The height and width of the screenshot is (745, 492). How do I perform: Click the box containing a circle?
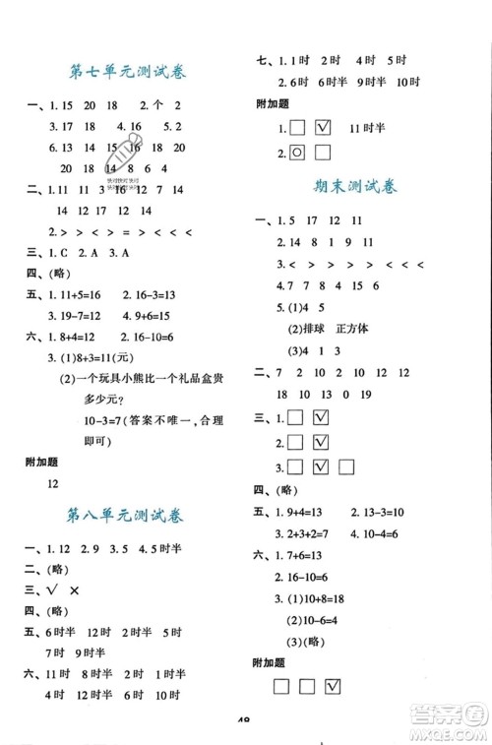pyautogui.click(x=297, y=152)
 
